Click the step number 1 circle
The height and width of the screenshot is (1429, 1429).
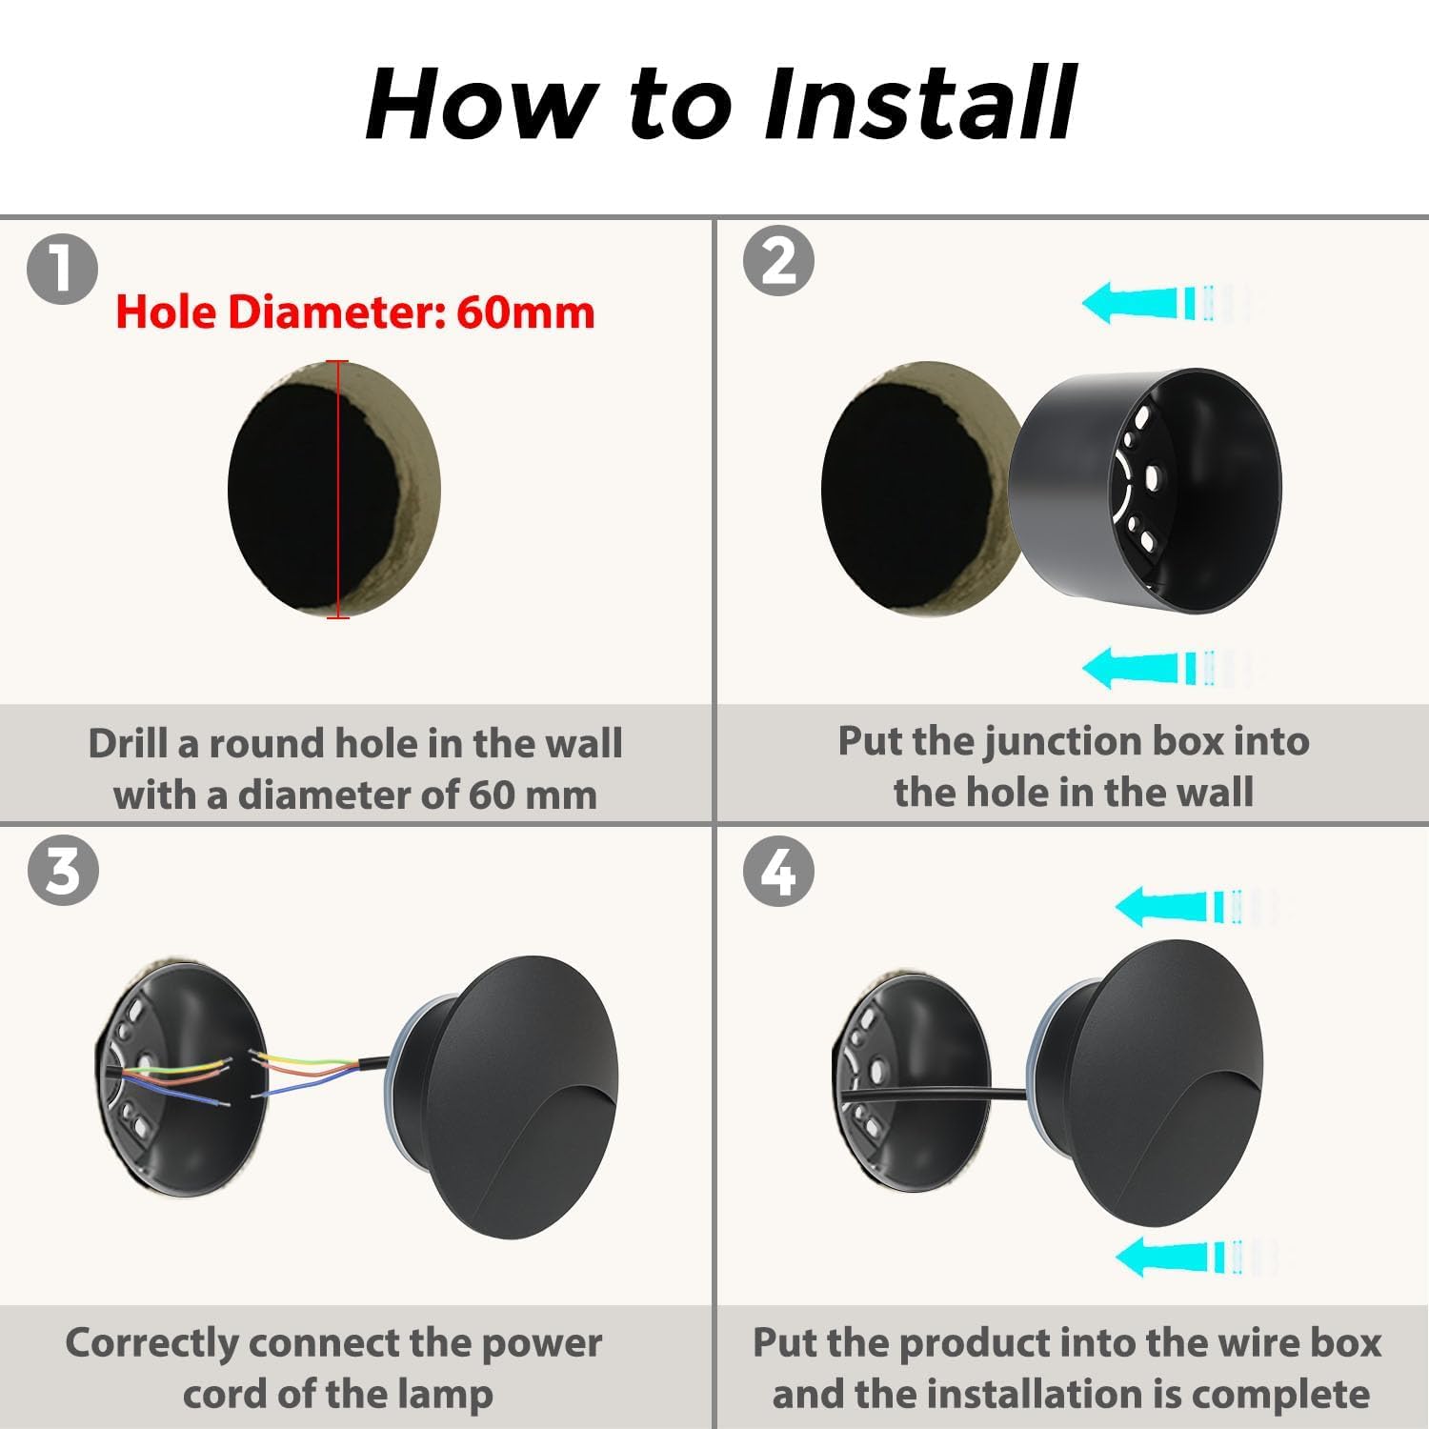[62, 269]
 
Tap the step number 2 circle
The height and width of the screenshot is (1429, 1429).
[778, 260]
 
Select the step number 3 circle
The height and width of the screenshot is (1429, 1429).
[63, 871]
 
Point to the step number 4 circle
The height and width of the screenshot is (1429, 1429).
[778, 871]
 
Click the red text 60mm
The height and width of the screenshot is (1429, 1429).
[525, 312]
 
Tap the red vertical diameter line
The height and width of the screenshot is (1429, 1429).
[338, 490]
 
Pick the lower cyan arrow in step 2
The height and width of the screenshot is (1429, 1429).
[1172, 667]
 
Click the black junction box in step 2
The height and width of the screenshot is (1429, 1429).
[1144, 492]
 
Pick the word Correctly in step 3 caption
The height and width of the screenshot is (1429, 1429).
[152, 1344]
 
